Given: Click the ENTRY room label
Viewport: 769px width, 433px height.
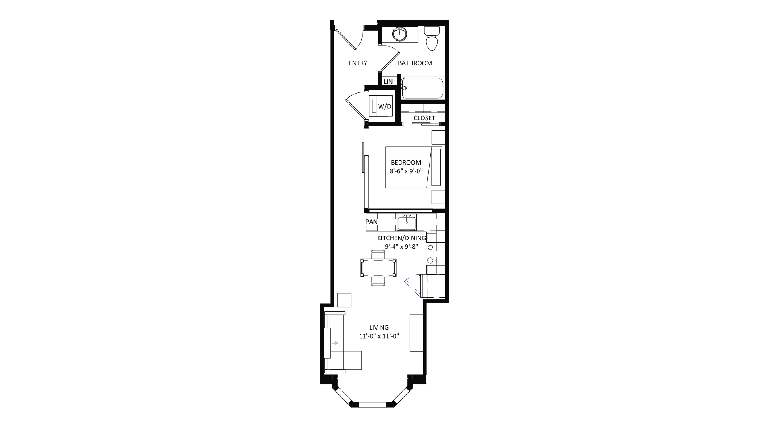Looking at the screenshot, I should click(x=358, y=63).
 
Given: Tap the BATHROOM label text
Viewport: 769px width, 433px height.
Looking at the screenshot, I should click(x=415, y=63).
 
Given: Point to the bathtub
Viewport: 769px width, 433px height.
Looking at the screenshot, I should click(x=422, y=88).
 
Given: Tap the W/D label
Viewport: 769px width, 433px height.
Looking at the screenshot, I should click(x=384, y=106).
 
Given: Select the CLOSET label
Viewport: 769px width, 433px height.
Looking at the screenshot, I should click(x=424, y=118).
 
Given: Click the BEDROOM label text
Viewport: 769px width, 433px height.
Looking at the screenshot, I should click(x=406, y=162).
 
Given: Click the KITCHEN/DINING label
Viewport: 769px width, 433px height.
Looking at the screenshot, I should click(x=401, y=238).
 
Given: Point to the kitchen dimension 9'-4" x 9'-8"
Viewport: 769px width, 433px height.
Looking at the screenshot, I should click(x=401, y=247).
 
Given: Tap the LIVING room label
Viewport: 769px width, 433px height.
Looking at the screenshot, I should click(x=379, y=327).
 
